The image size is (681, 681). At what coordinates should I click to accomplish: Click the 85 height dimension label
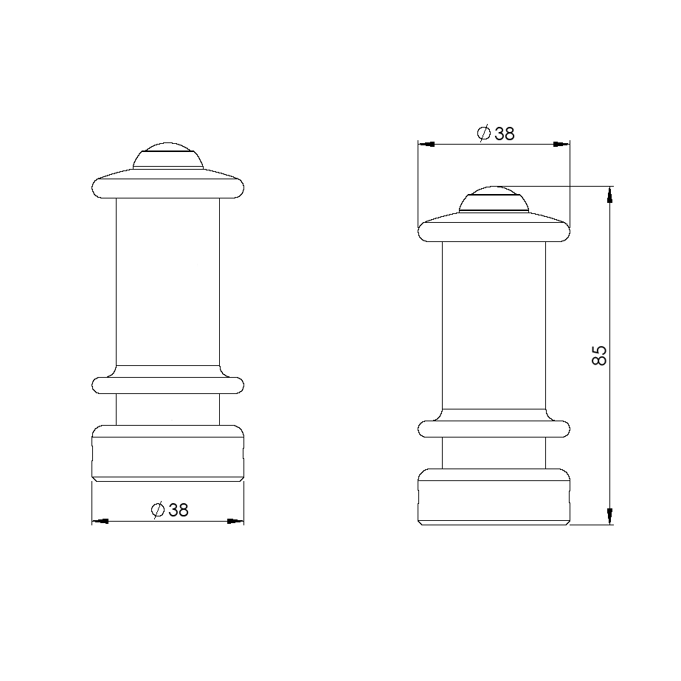(x=599, y=356)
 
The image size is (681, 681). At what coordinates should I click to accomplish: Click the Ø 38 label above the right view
(x=496, y=134)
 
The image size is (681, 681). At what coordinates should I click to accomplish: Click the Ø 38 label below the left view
(x=170, y=510)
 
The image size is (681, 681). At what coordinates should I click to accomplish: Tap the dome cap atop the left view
(x=168, y=155)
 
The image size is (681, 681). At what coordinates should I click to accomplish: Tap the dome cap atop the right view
(x=494, y=199)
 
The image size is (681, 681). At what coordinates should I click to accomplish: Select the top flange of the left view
(x=168, y=184)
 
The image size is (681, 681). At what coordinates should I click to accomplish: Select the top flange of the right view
(x=494, y=227)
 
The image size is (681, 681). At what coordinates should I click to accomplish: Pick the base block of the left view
(x=168, y=453)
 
